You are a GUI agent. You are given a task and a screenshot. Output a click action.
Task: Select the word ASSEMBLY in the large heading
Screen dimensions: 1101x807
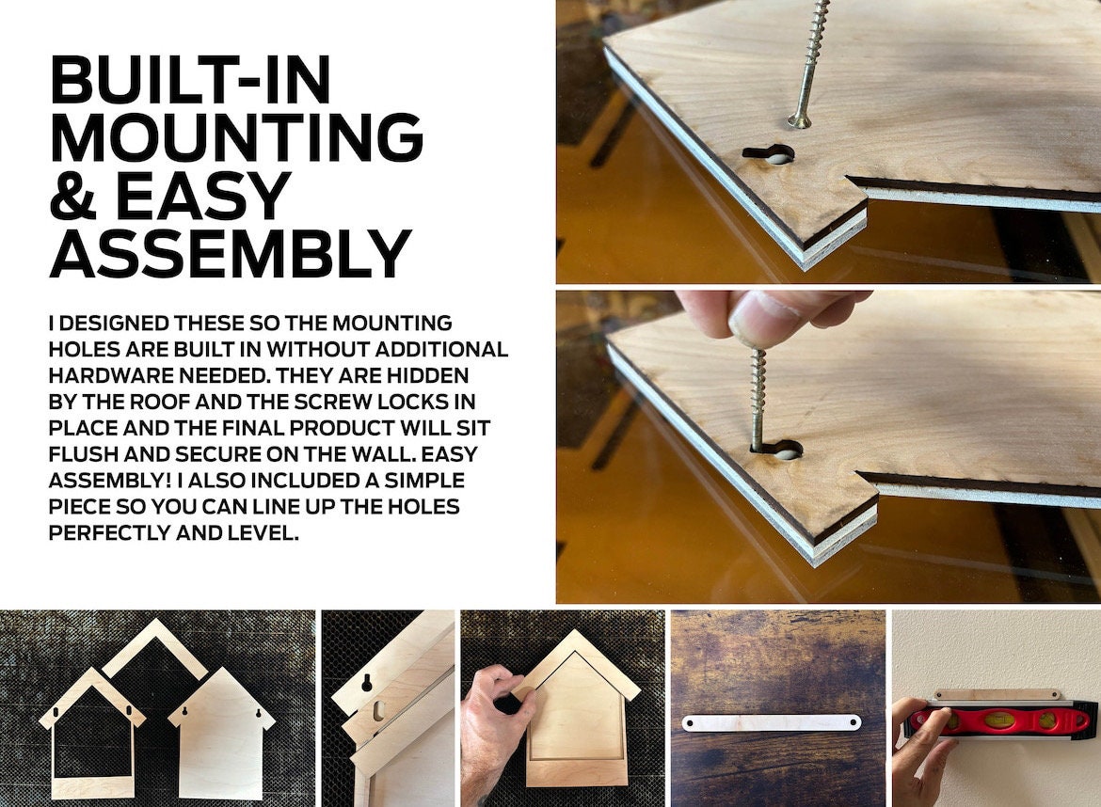tap(231, 253)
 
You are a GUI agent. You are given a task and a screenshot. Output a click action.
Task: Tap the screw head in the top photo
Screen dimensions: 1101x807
tap(799, 121)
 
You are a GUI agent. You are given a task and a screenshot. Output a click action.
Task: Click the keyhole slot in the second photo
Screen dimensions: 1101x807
tap(776, 449)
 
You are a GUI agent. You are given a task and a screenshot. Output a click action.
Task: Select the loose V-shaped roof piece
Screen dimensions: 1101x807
tap(155, 648)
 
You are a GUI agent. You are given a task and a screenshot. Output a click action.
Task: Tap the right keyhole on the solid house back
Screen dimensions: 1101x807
tap(259, 713)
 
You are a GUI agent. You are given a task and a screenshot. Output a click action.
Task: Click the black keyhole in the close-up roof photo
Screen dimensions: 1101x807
tap(367, 683)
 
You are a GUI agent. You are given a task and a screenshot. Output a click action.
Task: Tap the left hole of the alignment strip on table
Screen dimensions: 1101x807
tap(690, 723)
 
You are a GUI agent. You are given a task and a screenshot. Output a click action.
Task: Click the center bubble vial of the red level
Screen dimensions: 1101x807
tap(997, 719)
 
